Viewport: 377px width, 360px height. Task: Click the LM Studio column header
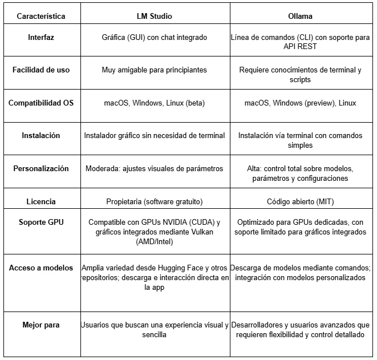[154, 16]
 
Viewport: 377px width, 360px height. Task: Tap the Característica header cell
[41, 16]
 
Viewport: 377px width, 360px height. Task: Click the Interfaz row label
[41, 38]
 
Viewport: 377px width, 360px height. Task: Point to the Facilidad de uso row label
[41, 70]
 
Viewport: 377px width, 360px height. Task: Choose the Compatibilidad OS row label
[41, 103]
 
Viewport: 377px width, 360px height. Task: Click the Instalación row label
[41, 136]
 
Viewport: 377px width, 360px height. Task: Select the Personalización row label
[41, 169]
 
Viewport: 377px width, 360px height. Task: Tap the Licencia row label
[41, 201]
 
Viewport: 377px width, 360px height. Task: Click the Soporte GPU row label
[41, 223]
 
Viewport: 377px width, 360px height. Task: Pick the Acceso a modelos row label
[41, 268]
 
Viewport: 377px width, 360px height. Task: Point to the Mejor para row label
[41, 325]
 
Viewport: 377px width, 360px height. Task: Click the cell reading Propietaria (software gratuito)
[154, 201]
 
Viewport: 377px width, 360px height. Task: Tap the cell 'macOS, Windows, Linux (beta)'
[154, 103]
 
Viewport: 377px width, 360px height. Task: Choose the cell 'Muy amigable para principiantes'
[154, 70]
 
